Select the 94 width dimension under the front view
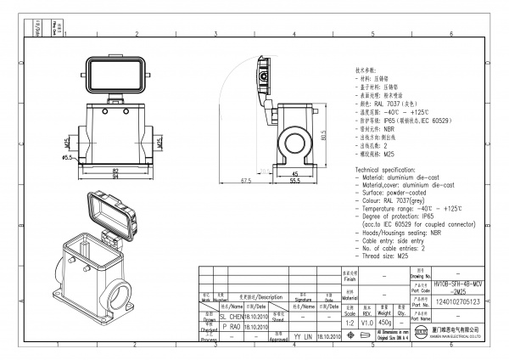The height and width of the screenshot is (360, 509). (114, 177)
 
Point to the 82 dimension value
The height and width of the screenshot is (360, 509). (114, 170)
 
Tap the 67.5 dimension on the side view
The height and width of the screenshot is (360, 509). (248, 180)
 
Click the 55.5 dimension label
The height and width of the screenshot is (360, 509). (295, 180)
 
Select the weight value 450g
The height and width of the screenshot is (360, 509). (385, 322)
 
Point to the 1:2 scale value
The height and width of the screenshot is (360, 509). (348, 322)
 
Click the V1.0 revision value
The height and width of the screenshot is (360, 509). (366, 322)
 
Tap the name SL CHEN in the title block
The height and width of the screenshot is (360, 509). (231, 316)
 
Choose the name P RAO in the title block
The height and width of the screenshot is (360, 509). (230, 326)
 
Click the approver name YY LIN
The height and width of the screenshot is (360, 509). (304, 336)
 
